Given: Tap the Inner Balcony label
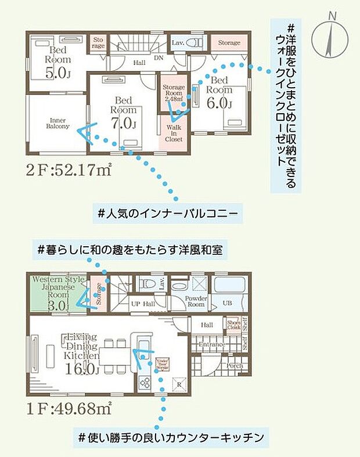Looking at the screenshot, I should tap(58, 123).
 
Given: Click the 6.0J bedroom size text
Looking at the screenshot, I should tap(219, 103).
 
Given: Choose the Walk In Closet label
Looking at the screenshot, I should tap(174, 133).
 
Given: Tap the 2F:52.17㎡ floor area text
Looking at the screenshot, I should tap(68, 172).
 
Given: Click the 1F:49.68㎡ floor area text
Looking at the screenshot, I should tap(69, 408).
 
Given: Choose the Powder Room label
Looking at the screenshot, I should tap(196, 301).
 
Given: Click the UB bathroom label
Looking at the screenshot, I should tap(228, 303).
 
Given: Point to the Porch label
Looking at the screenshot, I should tap(235, 366).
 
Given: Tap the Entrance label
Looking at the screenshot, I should tap(212, 345).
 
